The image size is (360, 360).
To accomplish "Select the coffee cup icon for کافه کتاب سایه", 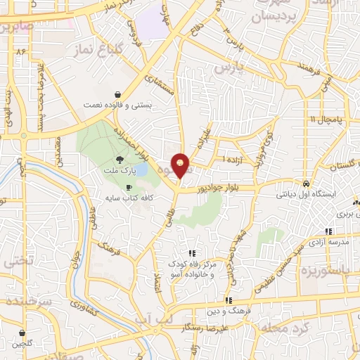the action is (x=128, y=187).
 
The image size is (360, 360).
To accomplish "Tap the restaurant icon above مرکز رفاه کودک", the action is (x=191, y=253).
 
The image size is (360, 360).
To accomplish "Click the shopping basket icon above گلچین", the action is (x=23, y=332).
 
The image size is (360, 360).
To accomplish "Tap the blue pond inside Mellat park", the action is (x=140, y=169).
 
